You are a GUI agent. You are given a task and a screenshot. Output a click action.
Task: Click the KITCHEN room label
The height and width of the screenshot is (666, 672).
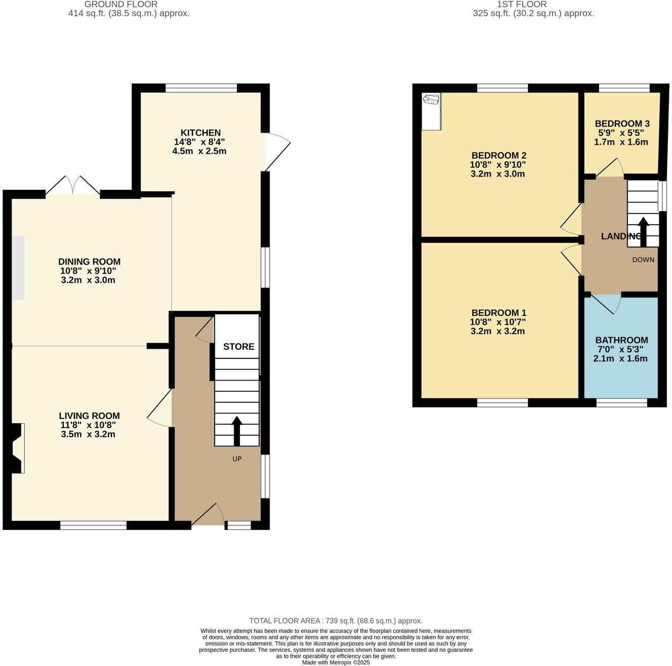coord(201,133)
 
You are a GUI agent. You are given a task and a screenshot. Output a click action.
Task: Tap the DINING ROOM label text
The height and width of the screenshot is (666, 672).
coord(90,262)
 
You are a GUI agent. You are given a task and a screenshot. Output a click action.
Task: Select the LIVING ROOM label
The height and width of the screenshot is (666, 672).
coord(89,416)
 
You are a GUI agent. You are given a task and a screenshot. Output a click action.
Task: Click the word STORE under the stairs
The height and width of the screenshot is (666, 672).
coord(239,347)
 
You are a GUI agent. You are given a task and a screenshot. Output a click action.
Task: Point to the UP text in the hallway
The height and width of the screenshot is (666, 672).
coord(237,459)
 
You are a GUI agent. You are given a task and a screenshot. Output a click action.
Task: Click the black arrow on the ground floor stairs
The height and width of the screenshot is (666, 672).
coord(236,431)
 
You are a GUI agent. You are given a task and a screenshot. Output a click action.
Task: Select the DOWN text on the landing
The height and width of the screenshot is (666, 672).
coord(643,260)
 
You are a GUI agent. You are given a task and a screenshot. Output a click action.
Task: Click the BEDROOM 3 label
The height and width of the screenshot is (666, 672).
coord(622,123)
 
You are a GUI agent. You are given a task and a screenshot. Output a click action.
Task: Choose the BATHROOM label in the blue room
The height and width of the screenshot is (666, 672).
coord(621,340)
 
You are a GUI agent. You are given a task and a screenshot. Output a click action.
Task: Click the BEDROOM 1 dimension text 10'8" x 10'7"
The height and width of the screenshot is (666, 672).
coord(498,322)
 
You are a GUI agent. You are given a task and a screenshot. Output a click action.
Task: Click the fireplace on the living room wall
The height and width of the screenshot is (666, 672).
coord(16,448)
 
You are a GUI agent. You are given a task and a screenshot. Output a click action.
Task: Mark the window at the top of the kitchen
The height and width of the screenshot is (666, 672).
coord(201,88)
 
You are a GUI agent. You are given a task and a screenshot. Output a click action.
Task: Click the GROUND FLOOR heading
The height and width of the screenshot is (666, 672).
coord(121,4)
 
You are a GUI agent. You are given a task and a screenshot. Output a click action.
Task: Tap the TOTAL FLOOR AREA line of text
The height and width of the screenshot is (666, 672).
coord(335,620)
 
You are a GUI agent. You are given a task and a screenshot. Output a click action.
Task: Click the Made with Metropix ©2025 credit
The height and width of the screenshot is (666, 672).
coord(335,662)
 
